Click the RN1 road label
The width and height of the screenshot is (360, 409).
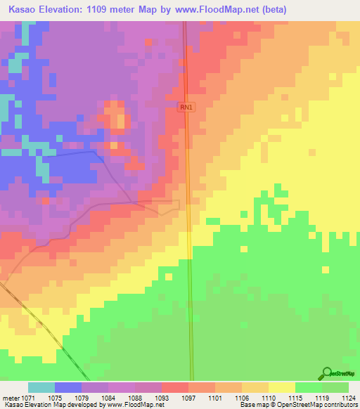(x=186, y=107)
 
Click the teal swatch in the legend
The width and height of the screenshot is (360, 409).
(x=41, y=387)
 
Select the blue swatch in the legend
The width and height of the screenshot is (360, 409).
(x=67, y=387)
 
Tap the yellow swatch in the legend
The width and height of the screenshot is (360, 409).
(x=281, y=387)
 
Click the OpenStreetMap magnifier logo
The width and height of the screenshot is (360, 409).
(x=326, y=373)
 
